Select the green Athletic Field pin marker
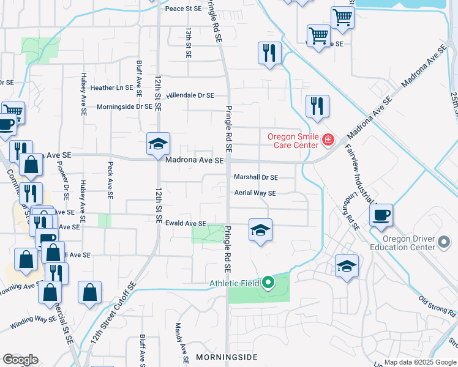coord(268,283)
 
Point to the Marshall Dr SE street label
coord(256,177)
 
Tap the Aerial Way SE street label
coord(255,193)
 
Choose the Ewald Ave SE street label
coord(184,224)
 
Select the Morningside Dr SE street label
coord(124,106)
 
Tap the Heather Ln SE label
coord(111,88)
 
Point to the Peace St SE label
coord(183,9)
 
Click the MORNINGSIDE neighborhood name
coord(227,357)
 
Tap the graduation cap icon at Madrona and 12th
coord(158,144)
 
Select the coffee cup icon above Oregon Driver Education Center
coord(381,215)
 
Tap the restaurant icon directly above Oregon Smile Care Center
coord(317,106)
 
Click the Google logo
coord(20,360)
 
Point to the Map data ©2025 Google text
coord(421,361)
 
